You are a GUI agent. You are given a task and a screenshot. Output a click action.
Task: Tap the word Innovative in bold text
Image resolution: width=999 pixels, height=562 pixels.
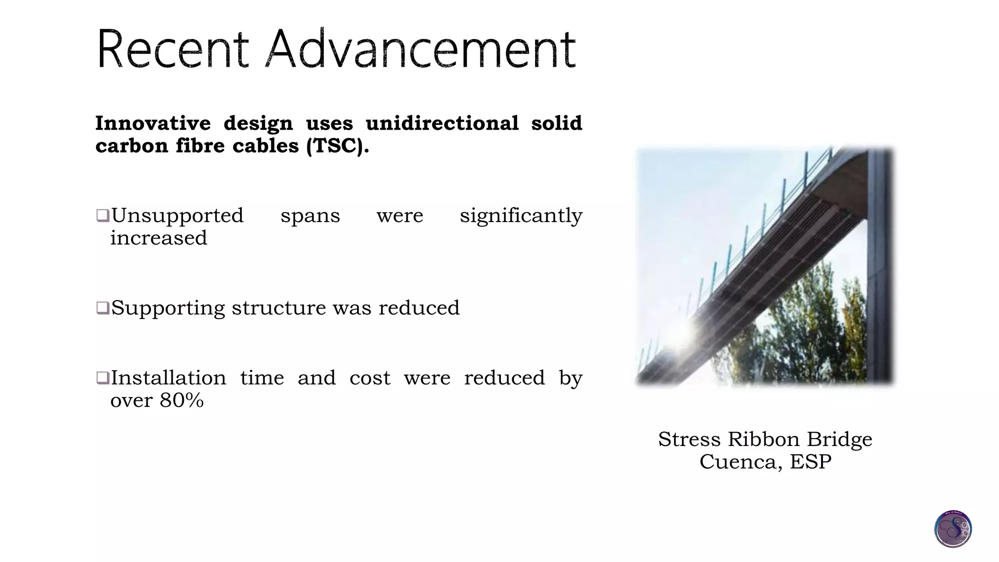click(153, 123)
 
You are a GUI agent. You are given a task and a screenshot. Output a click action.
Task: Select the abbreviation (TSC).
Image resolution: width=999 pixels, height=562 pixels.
click(337, 146)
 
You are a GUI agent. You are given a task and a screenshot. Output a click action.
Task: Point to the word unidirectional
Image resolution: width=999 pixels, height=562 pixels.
click(442, 123)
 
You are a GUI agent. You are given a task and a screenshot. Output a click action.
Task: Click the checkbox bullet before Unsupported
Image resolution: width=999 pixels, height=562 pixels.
click(102, 215)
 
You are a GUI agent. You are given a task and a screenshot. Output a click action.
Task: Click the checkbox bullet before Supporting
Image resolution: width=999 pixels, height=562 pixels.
click(102, 308)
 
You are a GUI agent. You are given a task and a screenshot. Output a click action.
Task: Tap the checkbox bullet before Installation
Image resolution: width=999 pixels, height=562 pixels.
click(102, 378)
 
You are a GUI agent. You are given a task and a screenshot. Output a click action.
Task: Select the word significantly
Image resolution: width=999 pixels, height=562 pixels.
click(521, 216)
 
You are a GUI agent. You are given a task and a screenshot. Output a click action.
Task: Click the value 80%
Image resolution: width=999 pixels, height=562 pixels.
click(181, 401)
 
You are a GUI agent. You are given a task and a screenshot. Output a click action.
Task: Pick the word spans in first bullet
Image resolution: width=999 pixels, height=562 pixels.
click(310, 216)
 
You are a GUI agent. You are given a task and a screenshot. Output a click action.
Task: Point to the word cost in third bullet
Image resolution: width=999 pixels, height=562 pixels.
click(370, 378)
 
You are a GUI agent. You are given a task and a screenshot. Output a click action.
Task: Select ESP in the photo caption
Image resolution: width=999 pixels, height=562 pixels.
click(811, 462)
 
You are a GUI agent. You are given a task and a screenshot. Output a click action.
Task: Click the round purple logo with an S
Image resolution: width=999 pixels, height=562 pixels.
click(953, 529)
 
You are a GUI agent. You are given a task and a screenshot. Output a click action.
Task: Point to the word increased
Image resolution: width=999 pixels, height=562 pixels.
click(159, 239)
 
